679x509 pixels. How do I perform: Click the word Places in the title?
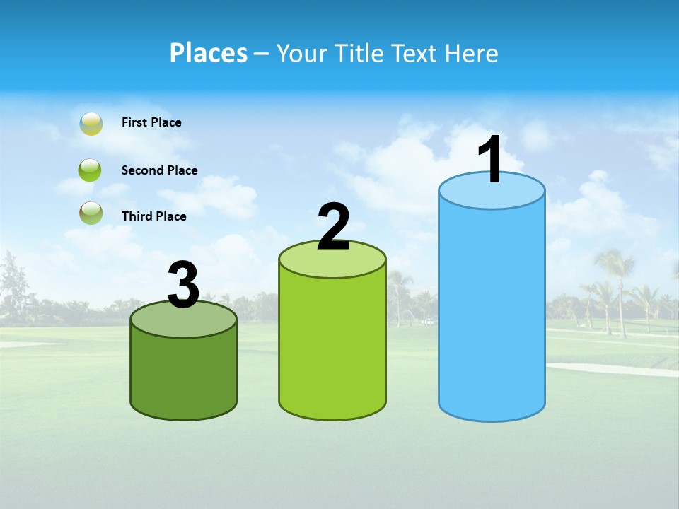(209, 53)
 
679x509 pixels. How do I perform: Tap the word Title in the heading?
(360, 53)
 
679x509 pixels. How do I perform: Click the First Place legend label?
(151, 122)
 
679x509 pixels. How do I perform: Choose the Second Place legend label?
(159, 170)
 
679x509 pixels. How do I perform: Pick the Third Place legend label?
(153, 216)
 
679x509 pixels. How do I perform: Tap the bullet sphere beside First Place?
(91, 124)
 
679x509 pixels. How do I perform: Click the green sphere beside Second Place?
(91, 170)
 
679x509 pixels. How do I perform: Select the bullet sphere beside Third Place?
(91, 213)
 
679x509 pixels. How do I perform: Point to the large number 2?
(333, 227)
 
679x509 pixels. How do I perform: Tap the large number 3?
(183, 286)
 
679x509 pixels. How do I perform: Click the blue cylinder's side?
(492, 311)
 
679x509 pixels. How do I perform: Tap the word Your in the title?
(301, 53)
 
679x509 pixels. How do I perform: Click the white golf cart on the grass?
(426, 322)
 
